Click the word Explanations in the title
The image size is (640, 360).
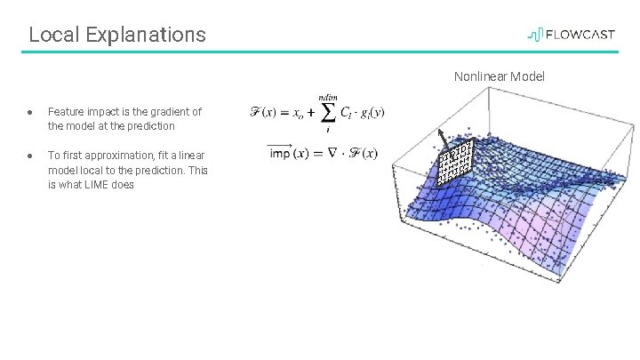[x=143, y=35]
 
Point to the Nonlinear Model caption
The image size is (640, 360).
[x=499, y=76]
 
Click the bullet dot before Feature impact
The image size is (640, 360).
[x=30, y=112]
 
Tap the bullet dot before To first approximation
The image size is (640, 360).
[x=30, y=154]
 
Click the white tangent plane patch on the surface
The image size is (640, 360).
[x=454, y=161]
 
